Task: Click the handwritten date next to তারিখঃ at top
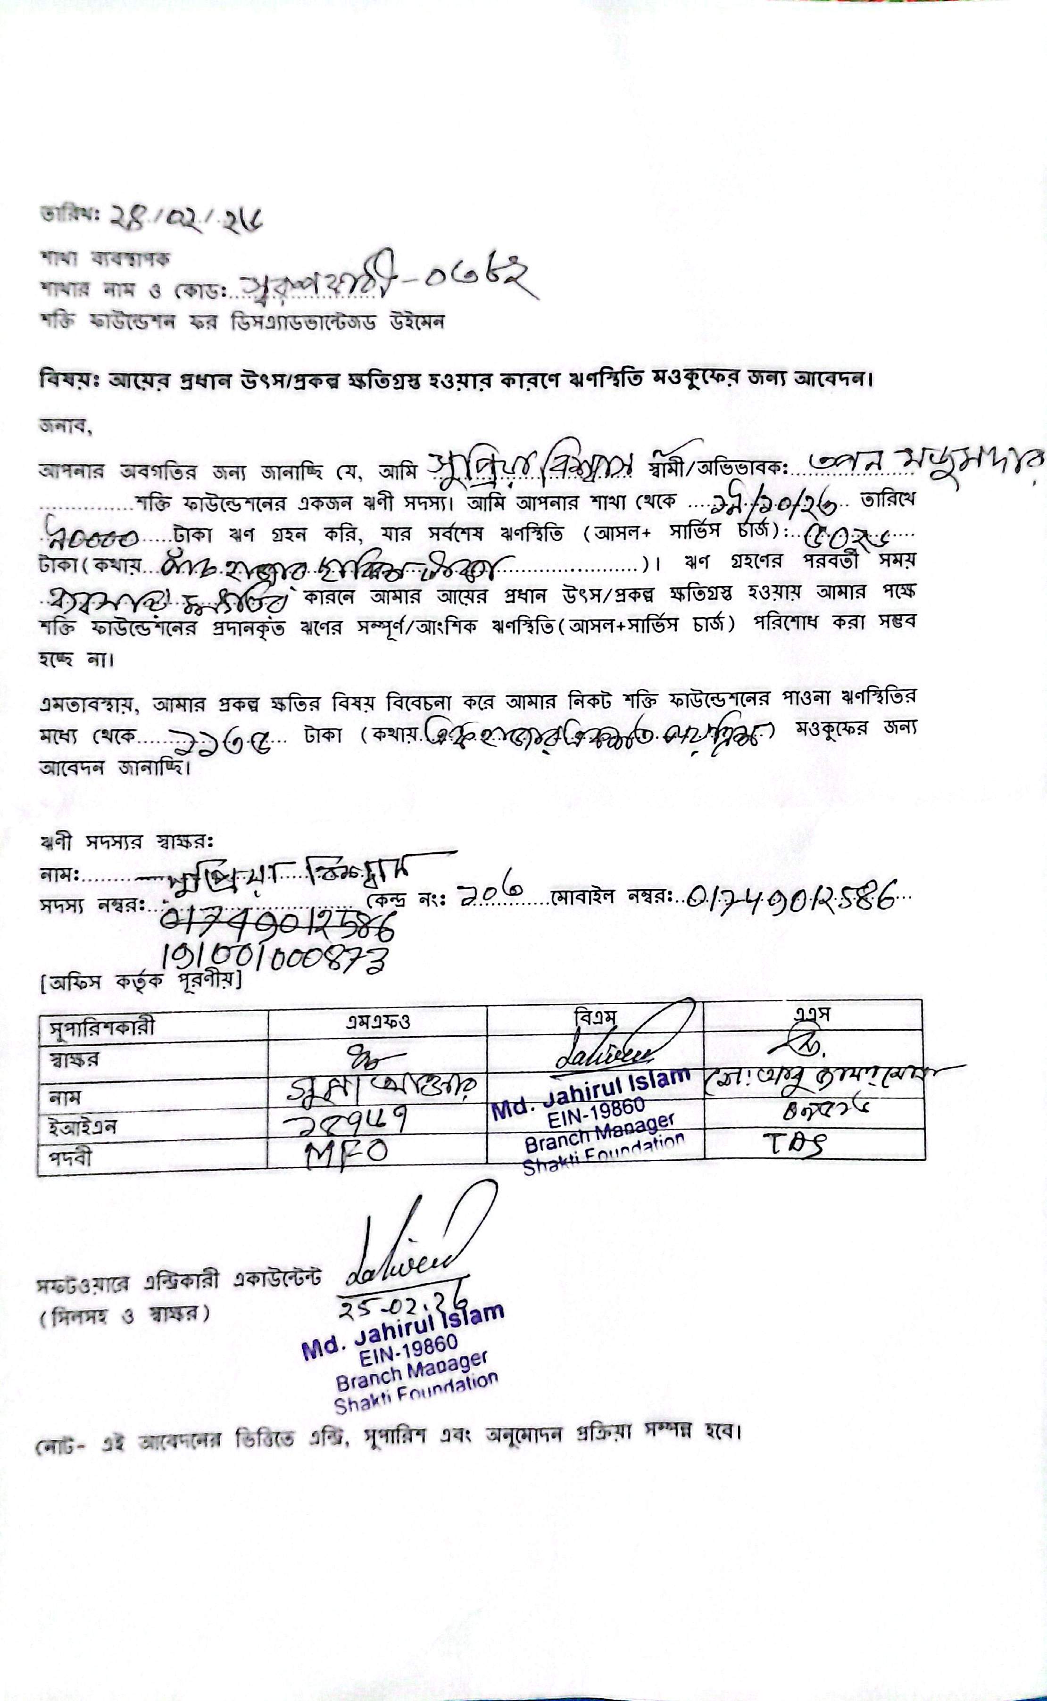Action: pyautogui.click(x=187, y=219)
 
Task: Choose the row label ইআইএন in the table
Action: pyautogui.click(x=82, y=1127)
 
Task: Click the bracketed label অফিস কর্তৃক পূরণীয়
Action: pyautogui.click(x=141, y=981)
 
